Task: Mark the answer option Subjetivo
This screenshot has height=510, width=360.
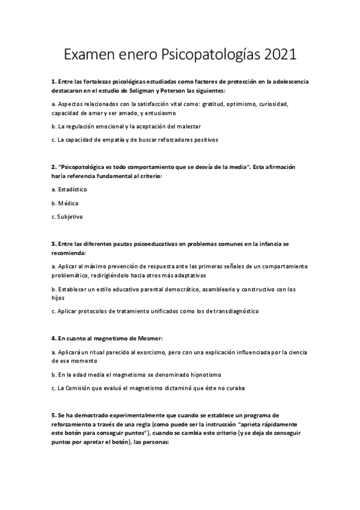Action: (70, 216)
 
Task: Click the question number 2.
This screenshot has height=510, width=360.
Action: (53, 166)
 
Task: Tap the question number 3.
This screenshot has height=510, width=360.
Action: (53, 244)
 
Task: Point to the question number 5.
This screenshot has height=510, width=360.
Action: (53, 416)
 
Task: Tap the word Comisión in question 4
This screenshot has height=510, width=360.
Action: (84, 387)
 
